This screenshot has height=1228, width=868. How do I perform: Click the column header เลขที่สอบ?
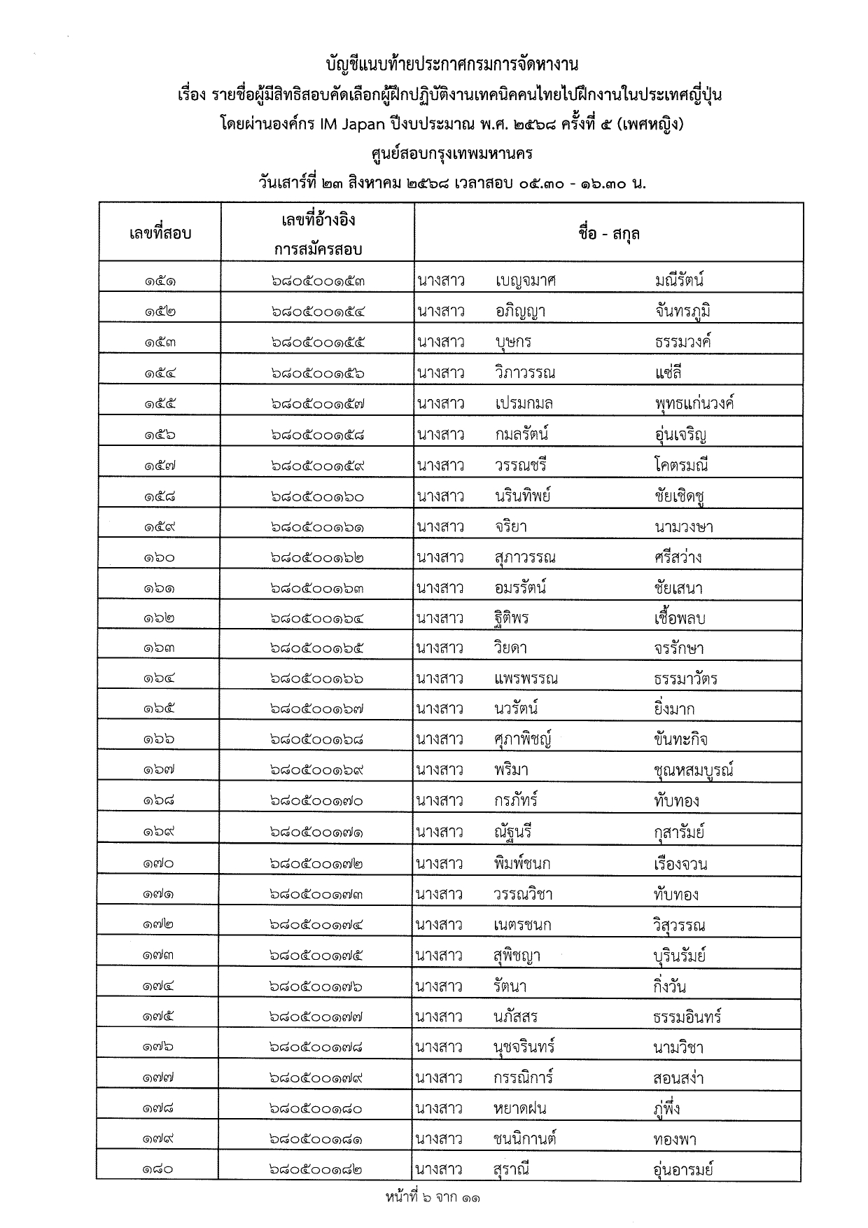(x=160, y=233)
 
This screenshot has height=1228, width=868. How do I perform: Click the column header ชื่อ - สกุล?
(x=608, y=233)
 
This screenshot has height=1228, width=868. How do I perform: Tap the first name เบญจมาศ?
(x=525, y=281)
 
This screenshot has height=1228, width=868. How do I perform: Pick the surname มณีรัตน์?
(x=679, y=281)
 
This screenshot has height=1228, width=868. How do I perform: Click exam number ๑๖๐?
(x=160, y=558)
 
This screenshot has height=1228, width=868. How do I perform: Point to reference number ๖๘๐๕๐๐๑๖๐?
(x=318, y=496)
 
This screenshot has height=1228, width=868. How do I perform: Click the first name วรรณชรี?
(x=520, y=466)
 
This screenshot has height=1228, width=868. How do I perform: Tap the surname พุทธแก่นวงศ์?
(x=694, y=404)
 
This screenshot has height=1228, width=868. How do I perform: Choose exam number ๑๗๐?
(x=160, y=863)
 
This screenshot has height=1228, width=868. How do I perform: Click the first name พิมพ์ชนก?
(x=521, y=863)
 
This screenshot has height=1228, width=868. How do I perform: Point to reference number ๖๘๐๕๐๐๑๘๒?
(x=318, y=1169)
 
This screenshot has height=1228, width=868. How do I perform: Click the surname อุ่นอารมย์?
(x=683, y=1169)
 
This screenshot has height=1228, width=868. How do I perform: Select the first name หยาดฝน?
(x=519, y=1108)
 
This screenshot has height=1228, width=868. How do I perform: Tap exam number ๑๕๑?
(x=160, y=281)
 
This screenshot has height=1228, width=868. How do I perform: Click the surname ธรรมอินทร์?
(x=687, y=1017)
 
